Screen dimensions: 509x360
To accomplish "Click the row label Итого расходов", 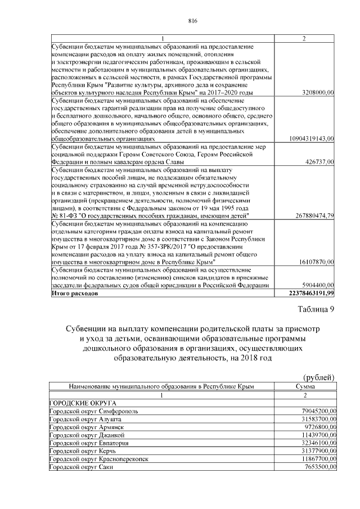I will (x=74, y=293).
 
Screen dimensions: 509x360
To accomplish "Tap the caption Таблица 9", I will (x=317, y=309).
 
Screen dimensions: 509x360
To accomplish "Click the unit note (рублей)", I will (x=319, y=377).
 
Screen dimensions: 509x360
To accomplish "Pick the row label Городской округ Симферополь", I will (x=93, y=412).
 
